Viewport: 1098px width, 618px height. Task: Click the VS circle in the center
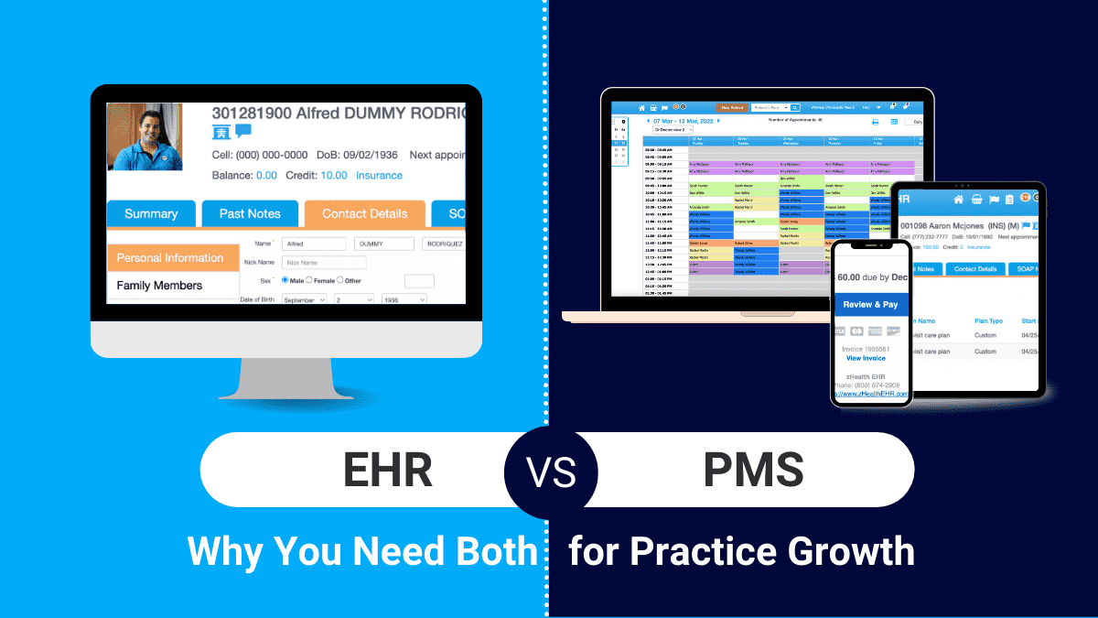tap(550, 472)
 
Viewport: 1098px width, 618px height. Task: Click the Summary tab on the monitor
tap(151, 213)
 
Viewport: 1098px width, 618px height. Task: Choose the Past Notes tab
tap(250, 213)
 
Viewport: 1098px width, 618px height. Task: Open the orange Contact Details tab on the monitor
tap(364, 213)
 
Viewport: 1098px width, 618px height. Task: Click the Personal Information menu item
tap(170, 258)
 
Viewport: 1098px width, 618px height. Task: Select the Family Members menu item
tap(159, 286)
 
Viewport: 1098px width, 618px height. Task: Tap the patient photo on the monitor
tap(145, 136)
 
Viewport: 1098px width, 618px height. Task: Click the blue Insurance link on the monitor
tap(379, 175)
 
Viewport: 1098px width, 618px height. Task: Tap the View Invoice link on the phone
tap(866, 358)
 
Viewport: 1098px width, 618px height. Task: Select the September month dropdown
tap(303, 299)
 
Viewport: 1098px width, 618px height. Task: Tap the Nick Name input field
tap(324, 263)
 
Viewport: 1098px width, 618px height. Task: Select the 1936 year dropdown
tap(403, 299)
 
